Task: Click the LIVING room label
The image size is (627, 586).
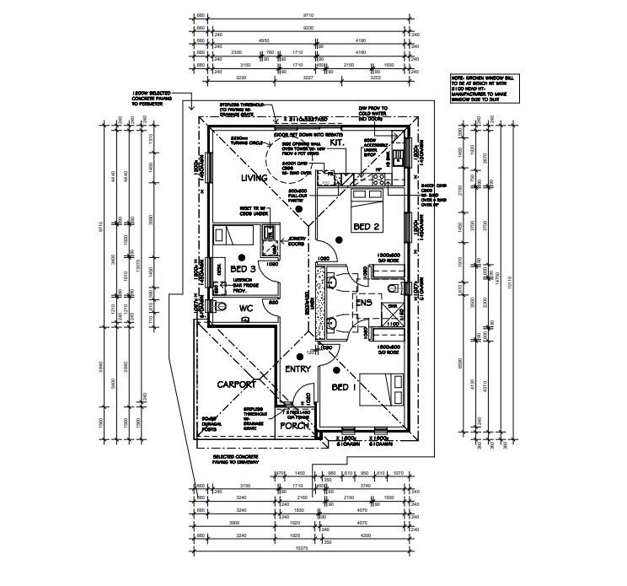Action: [254, 178]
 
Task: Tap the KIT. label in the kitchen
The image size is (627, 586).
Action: [336, 144]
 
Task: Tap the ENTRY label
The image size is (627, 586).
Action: [298, 369]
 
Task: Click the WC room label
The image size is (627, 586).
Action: [246, 309]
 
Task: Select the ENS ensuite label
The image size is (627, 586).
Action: [363, 303]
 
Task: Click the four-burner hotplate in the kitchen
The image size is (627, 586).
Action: [377, 175]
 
